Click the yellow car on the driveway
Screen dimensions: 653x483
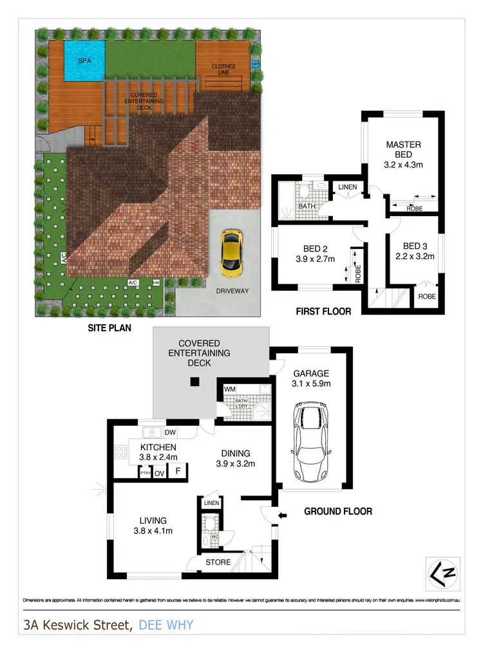[x=231, y=251]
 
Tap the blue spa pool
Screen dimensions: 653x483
[x=84, y=61]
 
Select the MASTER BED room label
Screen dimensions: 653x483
[x=403, y=150]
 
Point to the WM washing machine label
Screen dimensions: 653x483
[x=230, y=390]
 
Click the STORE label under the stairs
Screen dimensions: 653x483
[x=218, y=562]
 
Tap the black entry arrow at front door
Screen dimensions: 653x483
[x=281, y=515]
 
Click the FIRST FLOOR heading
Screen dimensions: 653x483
[x=323, y=311]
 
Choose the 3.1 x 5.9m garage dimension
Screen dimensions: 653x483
[x=312, y=384]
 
